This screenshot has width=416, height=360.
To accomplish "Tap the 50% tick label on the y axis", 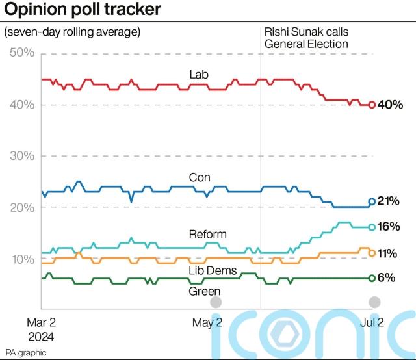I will click(22, 53).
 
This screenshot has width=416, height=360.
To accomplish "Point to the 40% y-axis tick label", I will click(22, 105).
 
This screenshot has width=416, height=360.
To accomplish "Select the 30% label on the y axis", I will click(22, 156).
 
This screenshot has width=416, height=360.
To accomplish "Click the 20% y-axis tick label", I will click(22, 207).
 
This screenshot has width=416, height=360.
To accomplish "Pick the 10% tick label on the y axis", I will click(22, 259).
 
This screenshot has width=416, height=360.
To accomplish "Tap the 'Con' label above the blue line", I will click(200, 177).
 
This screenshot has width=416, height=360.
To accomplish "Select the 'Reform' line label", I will click(207, 234).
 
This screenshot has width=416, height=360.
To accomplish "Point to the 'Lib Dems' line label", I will click(212, 271).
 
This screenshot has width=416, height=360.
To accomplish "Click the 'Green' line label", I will click(204, 292).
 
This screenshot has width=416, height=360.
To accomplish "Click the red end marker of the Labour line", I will click(372, 105).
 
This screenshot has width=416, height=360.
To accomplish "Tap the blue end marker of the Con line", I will click(372, 201).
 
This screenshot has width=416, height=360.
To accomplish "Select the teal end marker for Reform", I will click(372, 227).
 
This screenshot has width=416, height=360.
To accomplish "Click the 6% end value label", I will click(387, 277).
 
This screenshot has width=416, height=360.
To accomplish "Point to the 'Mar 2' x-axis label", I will click(41, 322).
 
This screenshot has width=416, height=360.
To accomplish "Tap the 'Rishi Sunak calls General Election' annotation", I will click(305, 38).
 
